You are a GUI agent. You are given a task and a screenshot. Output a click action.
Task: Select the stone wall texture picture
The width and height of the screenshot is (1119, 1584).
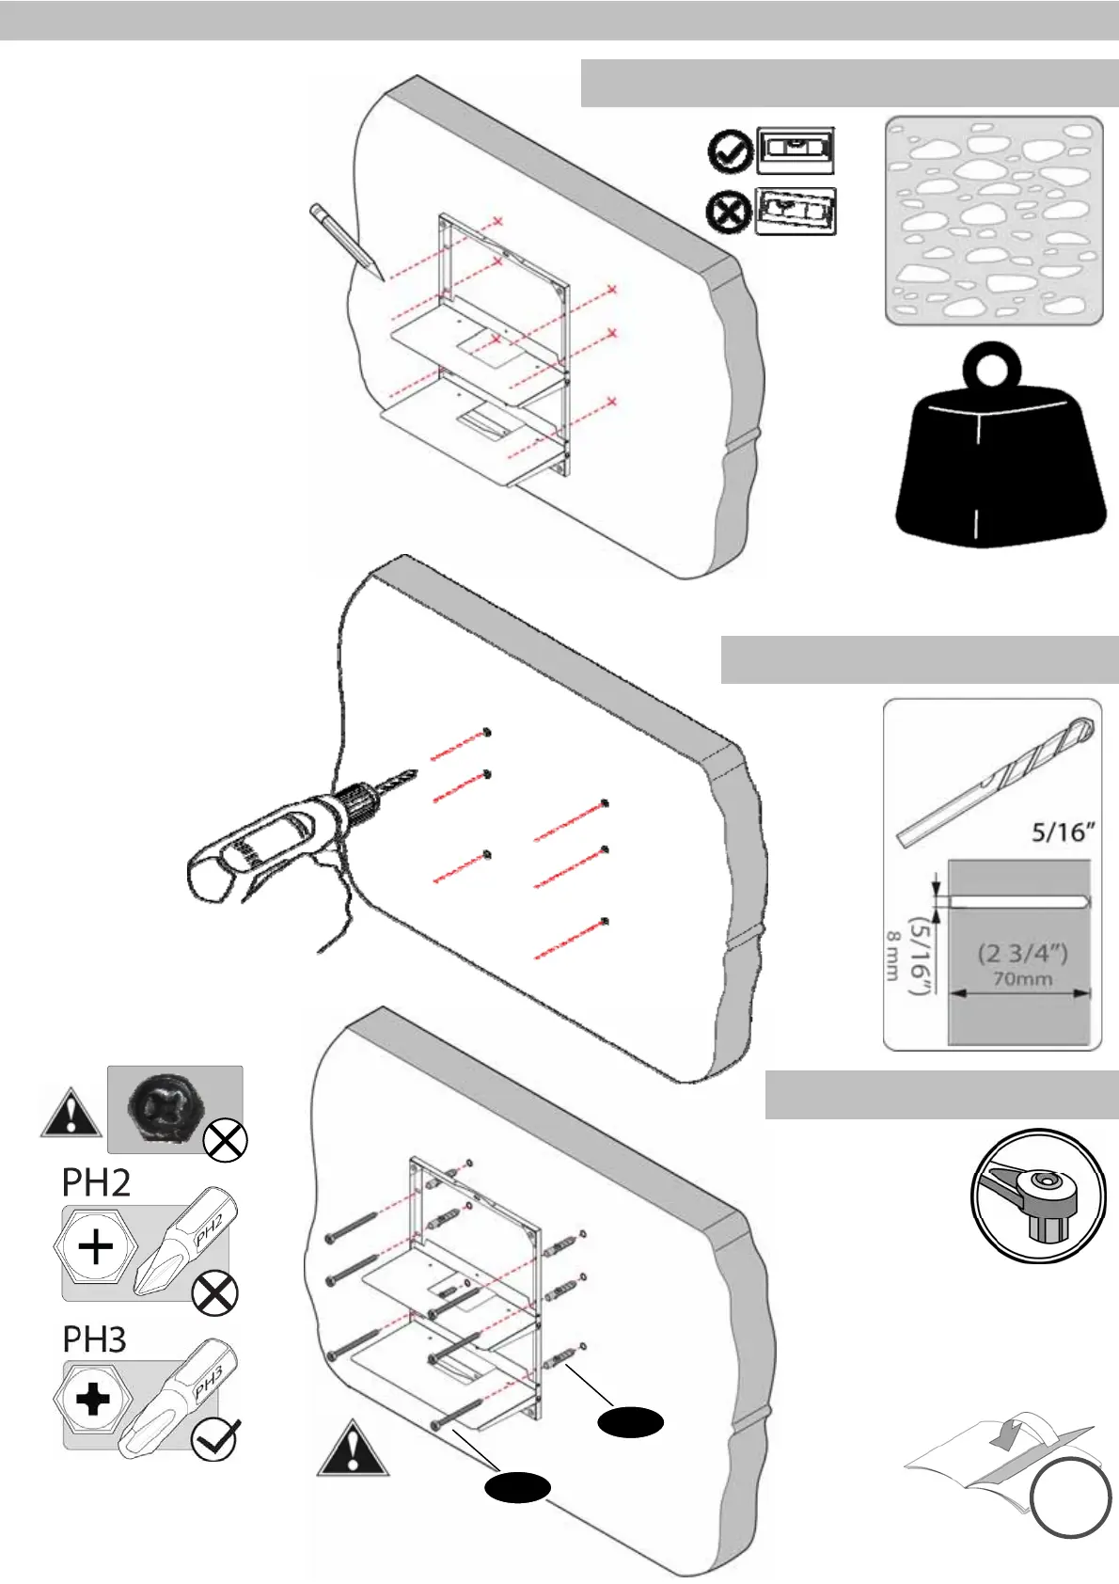[994, 221]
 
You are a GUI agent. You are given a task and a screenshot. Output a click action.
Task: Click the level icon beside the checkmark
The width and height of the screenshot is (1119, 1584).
[796, 151]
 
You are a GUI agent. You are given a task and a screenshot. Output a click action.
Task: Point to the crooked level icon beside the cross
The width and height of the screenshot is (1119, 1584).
[796, 212]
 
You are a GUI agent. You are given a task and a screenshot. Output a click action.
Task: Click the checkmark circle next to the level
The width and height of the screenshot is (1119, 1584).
[729, 152]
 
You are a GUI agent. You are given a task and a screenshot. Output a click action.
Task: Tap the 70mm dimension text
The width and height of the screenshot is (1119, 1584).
[1022, 979]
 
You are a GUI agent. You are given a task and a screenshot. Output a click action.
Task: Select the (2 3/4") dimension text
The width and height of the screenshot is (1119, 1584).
[1022, 953]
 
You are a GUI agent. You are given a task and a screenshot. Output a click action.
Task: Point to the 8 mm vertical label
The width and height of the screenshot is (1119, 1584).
[892, 957]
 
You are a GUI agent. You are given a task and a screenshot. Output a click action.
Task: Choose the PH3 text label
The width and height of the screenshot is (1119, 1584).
[94, 1339]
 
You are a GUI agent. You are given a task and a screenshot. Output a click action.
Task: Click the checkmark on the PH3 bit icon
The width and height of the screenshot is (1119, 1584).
[214, 1439]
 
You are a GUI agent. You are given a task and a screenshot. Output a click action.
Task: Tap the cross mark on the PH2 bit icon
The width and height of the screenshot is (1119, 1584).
[214, 1296]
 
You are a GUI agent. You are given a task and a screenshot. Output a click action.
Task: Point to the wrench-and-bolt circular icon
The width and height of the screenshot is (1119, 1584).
[1035, 1196]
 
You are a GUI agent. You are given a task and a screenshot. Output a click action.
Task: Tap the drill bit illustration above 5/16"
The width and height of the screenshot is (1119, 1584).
[995, 782]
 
